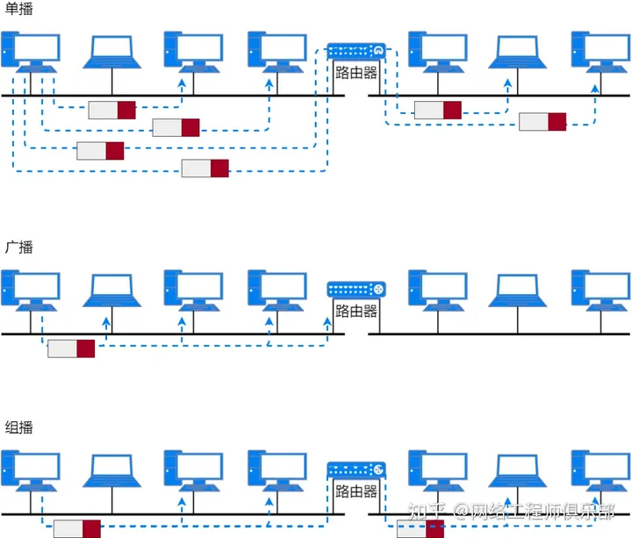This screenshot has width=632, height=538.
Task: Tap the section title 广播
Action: point(18,247)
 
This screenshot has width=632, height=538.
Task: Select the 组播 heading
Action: point(18,427)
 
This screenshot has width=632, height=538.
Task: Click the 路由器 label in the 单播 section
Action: point(356,74)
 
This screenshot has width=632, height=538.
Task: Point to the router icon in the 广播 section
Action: point(356,288)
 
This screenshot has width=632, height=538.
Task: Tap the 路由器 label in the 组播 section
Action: point(356,491)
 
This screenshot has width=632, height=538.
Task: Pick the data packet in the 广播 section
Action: point(71,348)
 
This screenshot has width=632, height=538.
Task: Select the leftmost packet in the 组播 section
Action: point(77,528)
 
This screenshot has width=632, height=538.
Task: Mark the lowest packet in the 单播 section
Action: point(205,169)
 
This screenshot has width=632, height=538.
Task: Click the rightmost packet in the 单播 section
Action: point(542,121)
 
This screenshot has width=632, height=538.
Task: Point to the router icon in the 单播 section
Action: point(356,51)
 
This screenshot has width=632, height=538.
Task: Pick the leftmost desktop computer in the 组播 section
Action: point(31,471)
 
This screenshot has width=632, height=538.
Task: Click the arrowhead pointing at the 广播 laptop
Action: point(106,321)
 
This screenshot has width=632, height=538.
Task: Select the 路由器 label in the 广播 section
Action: point(356,312)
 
